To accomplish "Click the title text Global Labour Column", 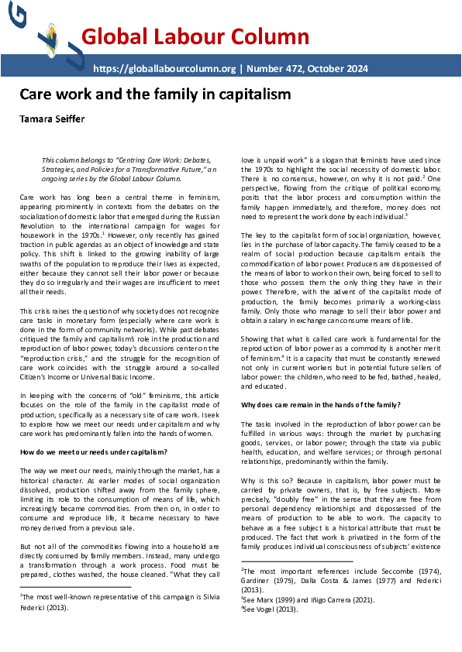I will (x=195, y=36).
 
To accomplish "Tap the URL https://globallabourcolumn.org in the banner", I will (x=164, y=68).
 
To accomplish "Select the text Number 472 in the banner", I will (x=277, y=68).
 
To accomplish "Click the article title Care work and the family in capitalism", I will (x=155, y=94).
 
